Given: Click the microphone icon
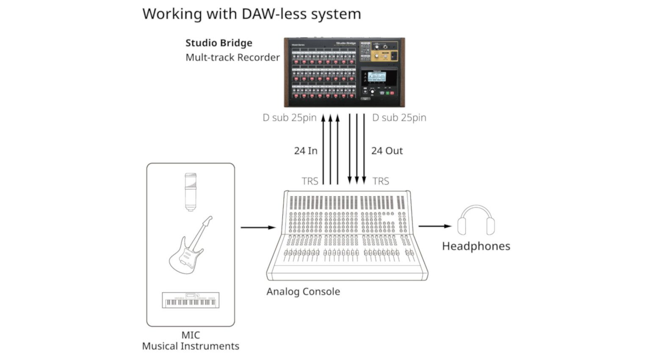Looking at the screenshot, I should coord(191,191).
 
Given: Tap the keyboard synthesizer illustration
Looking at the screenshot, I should coord(191,300).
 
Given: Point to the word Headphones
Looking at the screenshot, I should coord(476,246).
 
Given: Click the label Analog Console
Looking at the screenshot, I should coord(303,291).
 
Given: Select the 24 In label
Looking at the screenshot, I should coord(306,151).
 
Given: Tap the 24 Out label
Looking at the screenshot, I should coord(387,151).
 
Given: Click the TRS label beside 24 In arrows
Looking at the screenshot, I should coord(309,181).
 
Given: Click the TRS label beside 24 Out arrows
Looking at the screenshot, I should coord(381,181).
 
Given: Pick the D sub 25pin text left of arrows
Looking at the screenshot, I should coord(290,118).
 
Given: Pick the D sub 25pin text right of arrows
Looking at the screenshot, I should coord(399,118).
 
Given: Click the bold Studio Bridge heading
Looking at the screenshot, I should coord(219,43).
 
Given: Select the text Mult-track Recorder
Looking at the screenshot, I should coord(232,58).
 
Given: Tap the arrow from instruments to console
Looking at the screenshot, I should coord(258,227).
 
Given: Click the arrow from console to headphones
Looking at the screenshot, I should coord(435,226).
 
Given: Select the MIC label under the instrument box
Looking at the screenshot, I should coord(191,335).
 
